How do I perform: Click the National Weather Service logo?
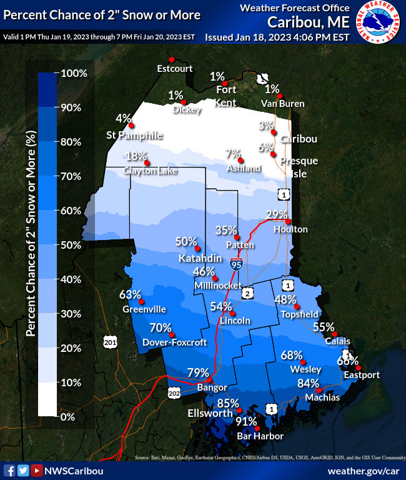point(379,24)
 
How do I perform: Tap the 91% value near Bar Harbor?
point(245,422)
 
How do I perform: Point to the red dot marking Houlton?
point(289,221)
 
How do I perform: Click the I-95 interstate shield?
point(236,264)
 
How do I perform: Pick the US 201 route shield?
point(110,342)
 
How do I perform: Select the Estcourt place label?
point(175,68)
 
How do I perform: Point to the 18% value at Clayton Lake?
point(136,156)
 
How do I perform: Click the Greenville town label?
point(144,309)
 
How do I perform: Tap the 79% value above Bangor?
point(198,372)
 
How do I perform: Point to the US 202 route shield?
point(174,391)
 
